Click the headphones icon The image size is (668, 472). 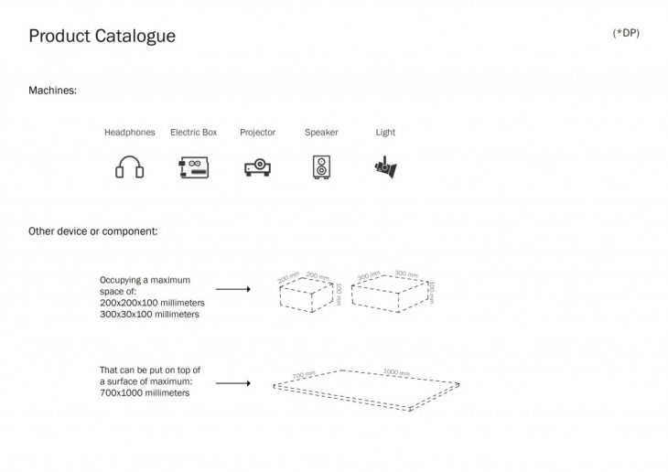point(130,168)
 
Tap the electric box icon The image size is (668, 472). point(193,168)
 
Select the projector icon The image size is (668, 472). point(257,168)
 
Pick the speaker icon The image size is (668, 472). point(321,168)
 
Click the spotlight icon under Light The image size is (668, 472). point(384,167)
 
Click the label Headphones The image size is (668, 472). point(130,133)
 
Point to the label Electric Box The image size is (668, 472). point(194,133)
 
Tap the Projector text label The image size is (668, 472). point(257,133)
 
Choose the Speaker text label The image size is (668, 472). point(321,133)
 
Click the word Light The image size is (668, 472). point(385,133)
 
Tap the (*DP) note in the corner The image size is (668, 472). point(626,33)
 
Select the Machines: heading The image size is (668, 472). point(53,91)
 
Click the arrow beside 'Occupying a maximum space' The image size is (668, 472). point(233,289)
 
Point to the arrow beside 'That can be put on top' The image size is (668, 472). point(233,382)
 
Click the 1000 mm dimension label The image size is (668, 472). point(397,374)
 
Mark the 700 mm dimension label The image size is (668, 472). point(304,375)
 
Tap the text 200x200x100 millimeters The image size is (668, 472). point(152,302)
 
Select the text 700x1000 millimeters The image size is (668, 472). point(145,392)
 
